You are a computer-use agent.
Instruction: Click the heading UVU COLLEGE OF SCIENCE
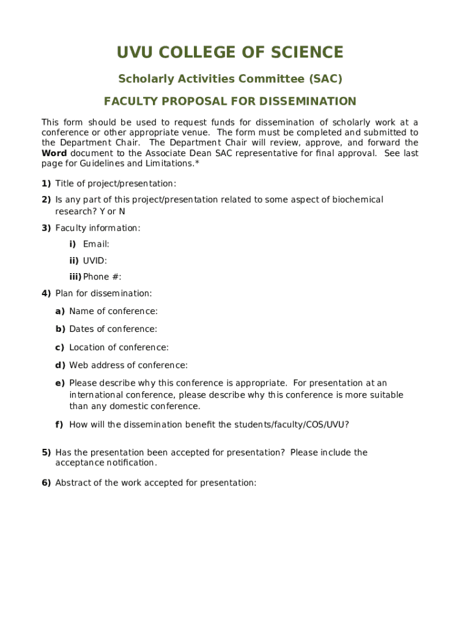(230, 53)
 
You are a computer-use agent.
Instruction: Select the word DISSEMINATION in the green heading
(308, 102)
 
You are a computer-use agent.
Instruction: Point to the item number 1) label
(46, 184)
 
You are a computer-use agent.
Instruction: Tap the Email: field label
(96, 244)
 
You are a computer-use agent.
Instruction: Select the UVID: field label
(95, 261)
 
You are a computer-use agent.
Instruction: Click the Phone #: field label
(102, 277)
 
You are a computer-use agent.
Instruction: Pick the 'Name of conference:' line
(113, 312)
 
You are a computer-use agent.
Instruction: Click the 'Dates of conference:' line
(113, 329)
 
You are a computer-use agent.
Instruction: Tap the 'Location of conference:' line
(119, 348)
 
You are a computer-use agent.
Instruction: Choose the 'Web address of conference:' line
(128, 366)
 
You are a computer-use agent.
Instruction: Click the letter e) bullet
(60, 383)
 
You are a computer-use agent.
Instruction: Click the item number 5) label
(46, 452)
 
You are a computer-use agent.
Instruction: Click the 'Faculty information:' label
(98, 228)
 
